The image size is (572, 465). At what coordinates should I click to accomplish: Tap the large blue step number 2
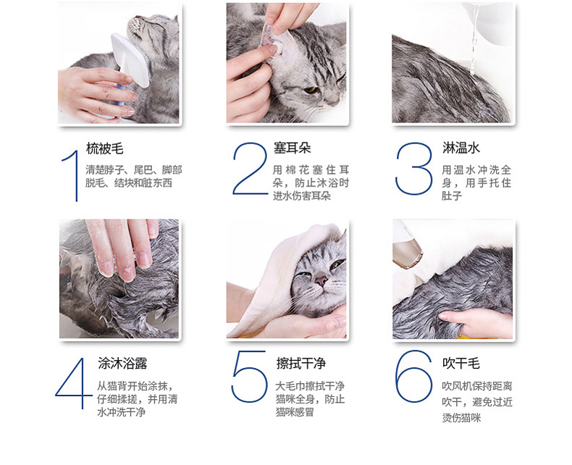[251, 169]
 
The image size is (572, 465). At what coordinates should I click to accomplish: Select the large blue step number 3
[414, 169]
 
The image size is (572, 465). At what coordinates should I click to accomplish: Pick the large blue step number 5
[249, 377]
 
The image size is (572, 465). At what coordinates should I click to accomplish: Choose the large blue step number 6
[413, 377]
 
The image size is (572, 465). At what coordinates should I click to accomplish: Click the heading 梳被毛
[105, 148]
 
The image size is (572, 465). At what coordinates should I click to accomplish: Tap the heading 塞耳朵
[293, 148]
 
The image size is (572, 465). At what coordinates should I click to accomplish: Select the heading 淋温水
[461, 148]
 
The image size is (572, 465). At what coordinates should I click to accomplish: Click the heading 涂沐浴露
[122, 363]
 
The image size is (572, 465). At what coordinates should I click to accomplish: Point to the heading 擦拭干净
[301, 363]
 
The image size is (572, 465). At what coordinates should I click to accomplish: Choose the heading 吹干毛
[461, 363]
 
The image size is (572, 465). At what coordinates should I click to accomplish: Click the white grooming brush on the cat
[130, 60]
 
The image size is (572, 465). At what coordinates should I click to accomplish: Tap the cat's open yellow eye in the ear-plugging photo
[311, 89]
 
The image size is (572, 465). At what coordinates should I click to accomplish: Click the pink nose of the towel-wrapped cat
[321, 281]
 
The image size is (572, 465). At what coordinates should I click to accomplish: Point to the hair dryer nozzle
[408, 254]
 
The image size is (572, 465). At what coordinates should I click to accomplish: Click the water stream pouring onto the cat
[474, 40]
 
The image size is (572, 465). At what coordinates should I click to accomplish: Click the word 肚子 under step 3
[452, 196]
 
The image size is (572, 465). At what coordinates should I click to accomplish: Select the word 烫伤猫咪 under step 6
[461, 417]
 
